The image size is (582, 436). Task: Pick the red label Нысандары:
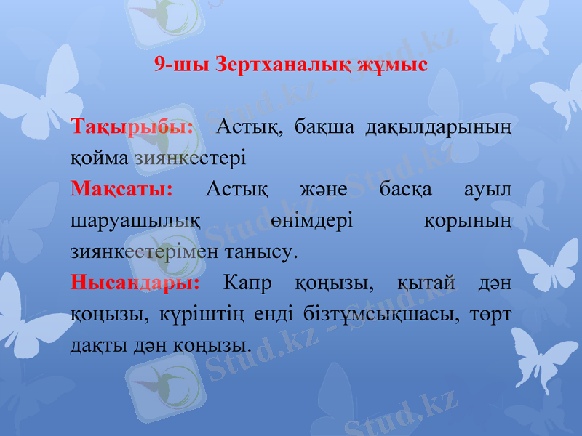pyautogui.click(x=135, y=282)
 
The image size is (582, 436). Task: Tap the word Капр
pyautogui.click(x=250, y=282)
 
